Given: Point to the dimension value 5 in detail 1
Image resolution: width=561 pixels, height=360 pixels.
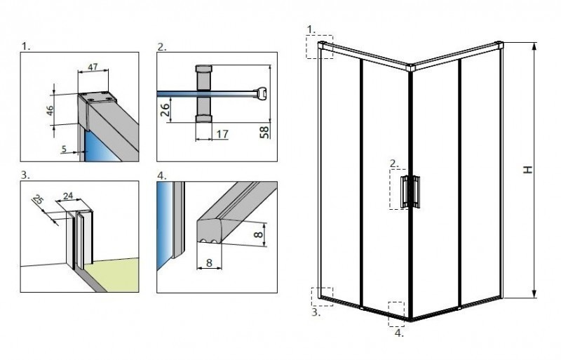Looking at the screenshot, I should pyautogui.click(x=65, y=148).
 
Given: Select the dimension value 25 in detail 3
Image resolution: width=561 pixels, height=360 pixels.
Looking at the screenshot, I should pyautogui.click(x=39, y=201).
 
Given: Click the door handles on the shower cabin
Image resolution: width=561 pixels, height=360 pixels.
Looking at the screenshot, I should pyautogui.click(x=409, y=191).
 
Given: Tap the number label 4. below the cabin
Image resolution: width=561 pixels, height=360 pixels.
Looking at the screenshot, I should pyautogui.click(x=399, y=333).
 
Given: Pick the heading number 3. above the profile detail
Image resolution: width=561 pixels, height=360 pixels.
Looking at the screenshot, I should pyautogui.click(x=26, y=175).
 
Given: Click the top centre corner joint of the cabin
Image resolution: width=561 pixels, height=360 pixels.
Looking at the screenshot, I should pyautogui.click(x=411, y=68).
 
